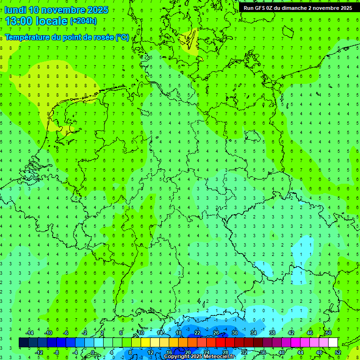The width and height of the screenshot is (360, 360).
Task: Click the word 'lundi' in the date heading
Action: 15,10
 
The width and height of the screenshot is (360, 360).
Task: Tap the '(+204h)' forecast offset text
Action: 83,21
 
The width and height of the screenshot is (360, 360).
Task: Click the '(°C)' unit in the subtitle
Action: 122,37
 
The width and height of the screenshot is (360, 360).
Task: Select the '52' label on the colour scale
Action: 338,352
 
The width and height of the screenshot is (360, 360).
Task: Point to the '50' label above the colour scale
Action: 328,333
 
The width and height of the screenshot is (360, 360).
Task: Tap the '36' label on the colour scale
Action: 263,352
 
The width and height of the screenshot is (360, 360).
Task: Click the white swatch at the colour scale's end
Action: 333,343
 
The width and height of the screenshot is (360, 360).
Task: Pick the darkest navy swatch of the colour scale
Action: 23,343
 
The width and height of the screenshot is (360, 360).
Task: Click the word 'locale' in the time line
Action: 52,21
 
